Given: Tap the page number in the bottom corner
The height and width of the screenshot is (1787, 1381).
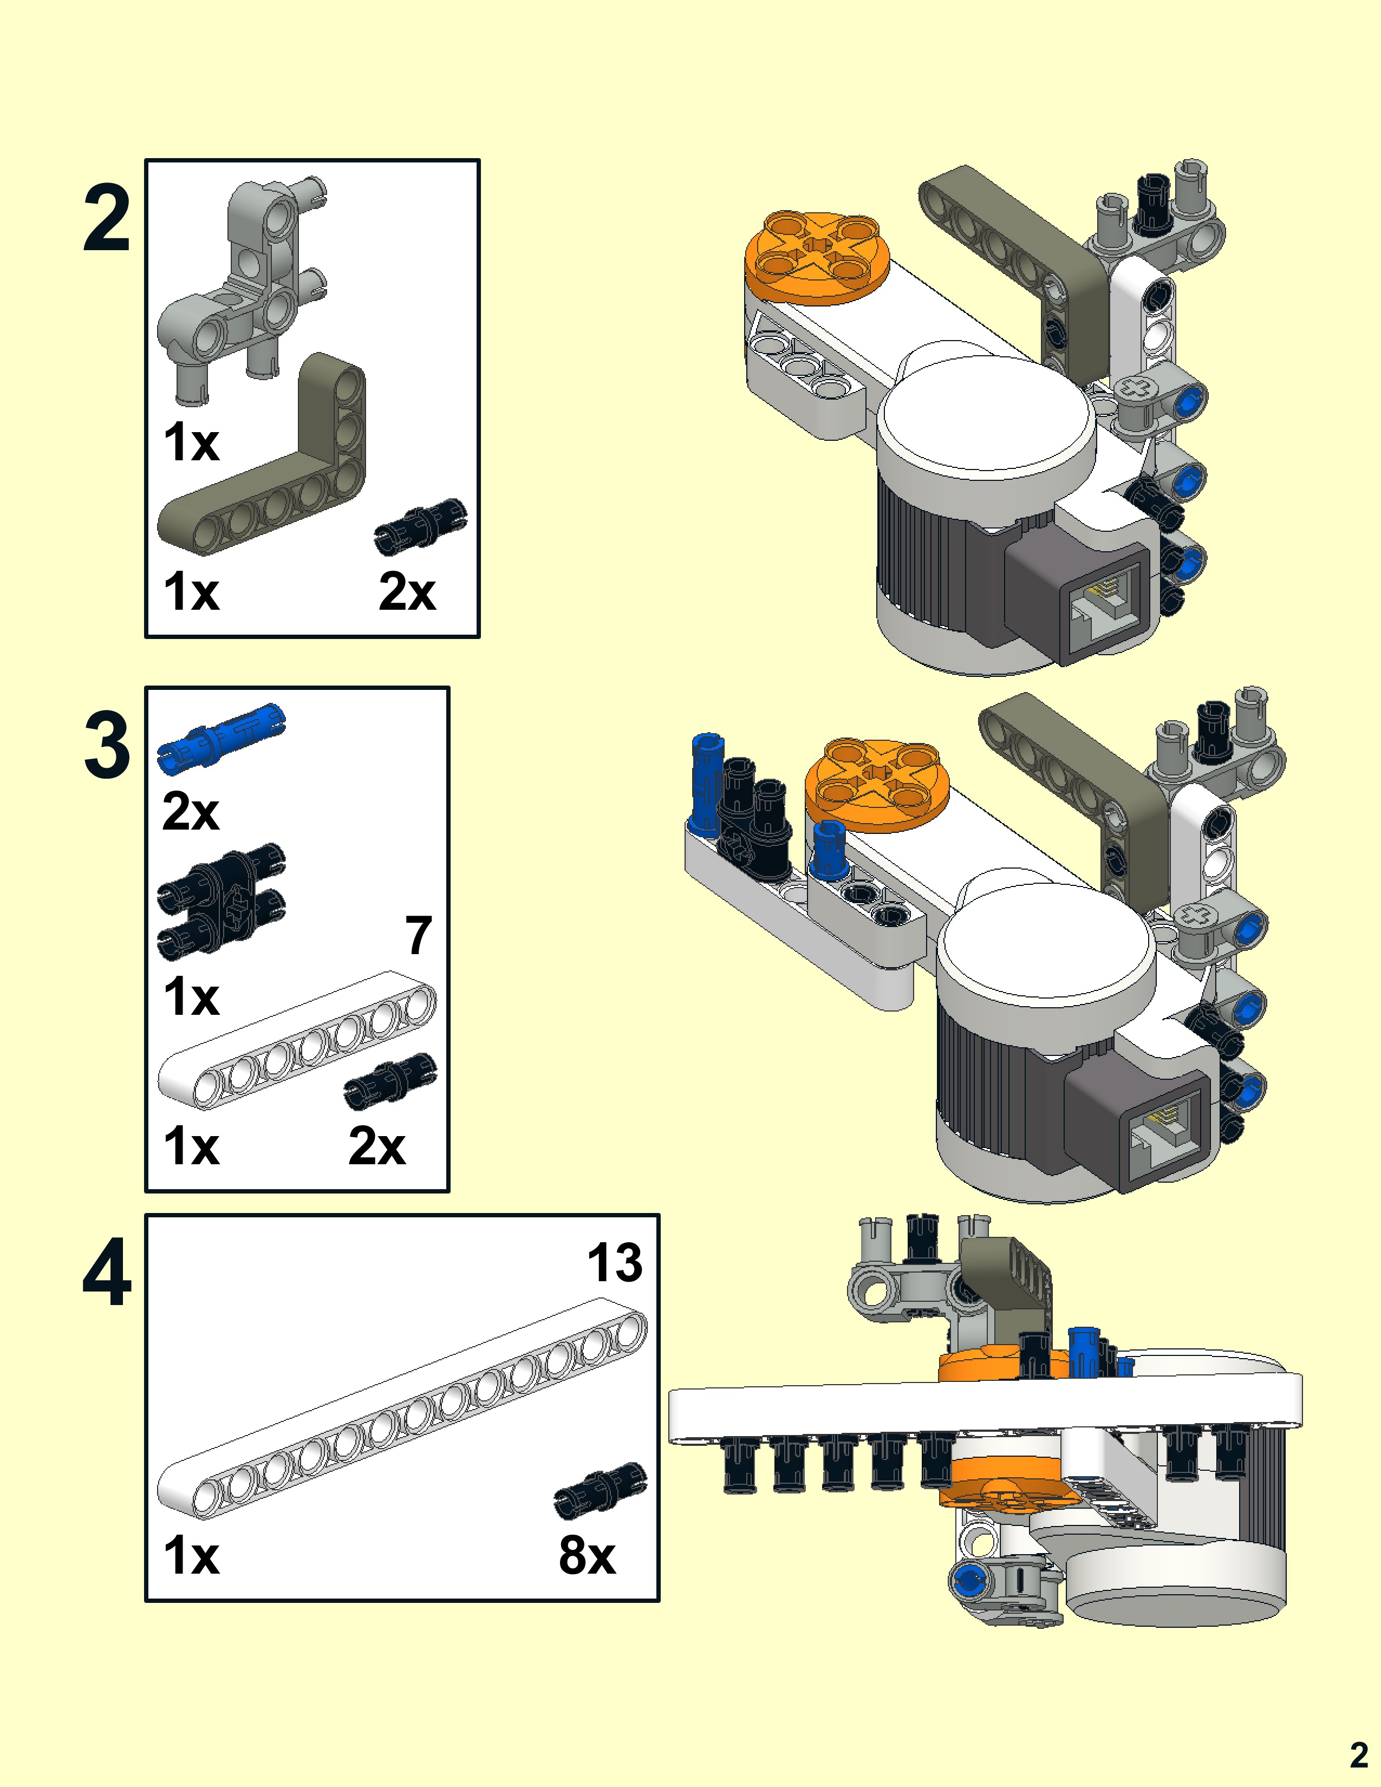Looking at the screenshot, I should coord(1358,1755).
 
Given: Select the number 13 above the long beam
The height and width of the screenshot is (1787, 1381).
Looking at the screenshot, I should coord(615,1262).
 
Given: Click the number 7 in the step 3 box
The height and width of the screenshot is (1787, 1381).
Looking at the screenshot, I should coord(418,935).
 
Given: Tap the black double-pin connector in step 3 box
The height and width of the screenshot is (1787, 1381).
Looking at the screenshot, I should coord(221,900).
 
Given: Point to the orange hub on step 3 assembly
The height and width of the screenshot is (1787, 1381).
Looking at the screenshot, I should coord(877,784).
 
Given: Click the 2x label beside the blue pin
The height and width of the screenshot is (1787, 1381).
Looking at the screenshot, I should coord(191,812).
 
